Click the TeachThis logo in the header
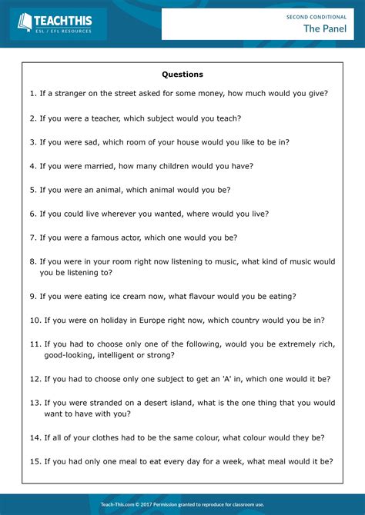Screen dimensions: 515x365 pos(58,24)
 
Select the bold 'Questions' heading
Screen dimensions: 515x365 pos(182,75)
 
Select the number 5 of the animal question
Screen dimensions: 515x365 pos(32,190)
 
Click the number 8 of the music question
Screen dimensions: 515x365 pos(32,261)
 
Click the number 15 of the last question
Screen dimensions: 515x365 pos(35,461)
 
